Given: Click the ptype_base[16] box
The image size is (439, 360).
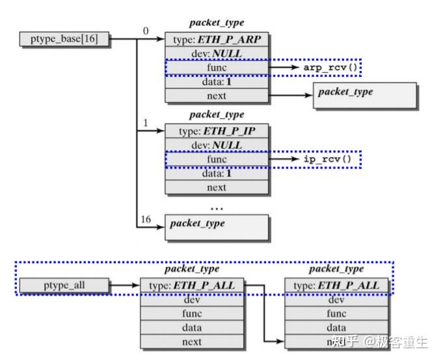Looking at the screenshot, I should (64, 39).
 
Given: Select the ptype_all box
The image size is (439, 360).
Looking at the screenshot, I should (63, 285).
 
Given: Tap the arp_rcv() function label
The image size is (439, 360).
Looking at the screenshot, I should (331, 67).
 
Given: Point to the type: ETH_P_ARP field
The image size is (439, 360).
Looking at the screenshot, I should (217, 39).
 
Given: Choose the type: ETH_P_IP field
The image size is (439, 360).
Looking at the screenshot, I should (217, 131).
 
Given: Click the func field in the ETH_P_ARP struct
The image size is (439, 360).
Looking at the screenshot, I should (217, 67).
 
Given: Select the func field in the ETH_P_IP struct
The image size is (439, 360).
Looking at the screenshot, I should (217, 159).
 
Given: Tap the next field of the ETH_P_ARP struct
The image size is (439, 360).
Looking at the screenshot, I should (217, 96).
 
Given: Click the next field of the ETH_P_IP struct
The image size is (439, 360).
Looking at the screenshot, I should (217, 187).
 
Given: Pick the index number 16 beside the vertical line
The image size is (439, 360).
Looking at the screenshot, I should (146, 219).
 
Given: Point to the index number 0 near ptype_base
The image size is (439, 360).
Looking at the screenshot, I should (146, 30).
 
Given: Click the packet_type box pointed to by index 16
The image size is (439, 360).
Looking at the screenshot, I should (217, 225).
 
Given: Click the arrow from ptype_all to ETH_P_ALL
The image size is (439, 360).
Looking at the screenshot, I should (124, 285).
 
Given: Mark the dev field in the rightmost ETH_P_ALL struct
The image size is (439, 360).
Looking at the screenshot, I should (336, 299).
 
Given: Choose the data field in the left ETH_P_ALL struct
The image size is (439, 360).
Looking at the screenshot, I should (193, 327).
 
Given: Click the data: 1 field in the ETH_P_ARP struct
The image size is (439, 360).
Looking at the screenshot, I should (217, 81).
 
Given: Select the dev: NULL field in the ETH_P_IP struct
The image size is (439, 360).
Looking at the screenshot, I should (217, 145).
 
